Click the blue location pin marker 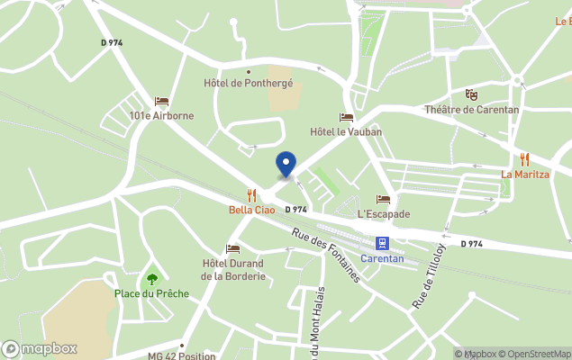(286, 164)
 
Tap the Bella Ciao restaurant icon (251, 195)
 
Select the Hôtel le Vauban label (346, 131)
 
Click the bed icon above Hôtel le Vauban (346, 117)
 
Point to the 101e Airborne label (161, 116)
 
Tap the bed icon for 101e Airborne (161, 102)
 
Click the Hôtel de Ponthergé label (249, 84)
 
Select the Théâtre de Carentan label (472, 110)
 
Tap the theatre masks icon (471, 94)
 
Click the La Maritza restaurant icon (524, 159)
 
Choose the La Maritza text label (525, 174)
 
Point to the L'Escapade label (384, 214)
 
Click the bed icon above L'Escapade (384, 199)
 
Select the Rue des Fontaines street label (326, 256)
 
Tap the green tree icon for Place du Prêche (151, 279)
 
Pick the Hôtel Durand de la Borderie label (233, 270)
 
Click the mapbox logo (41, 349)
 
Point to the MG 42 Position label (182, 355)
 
